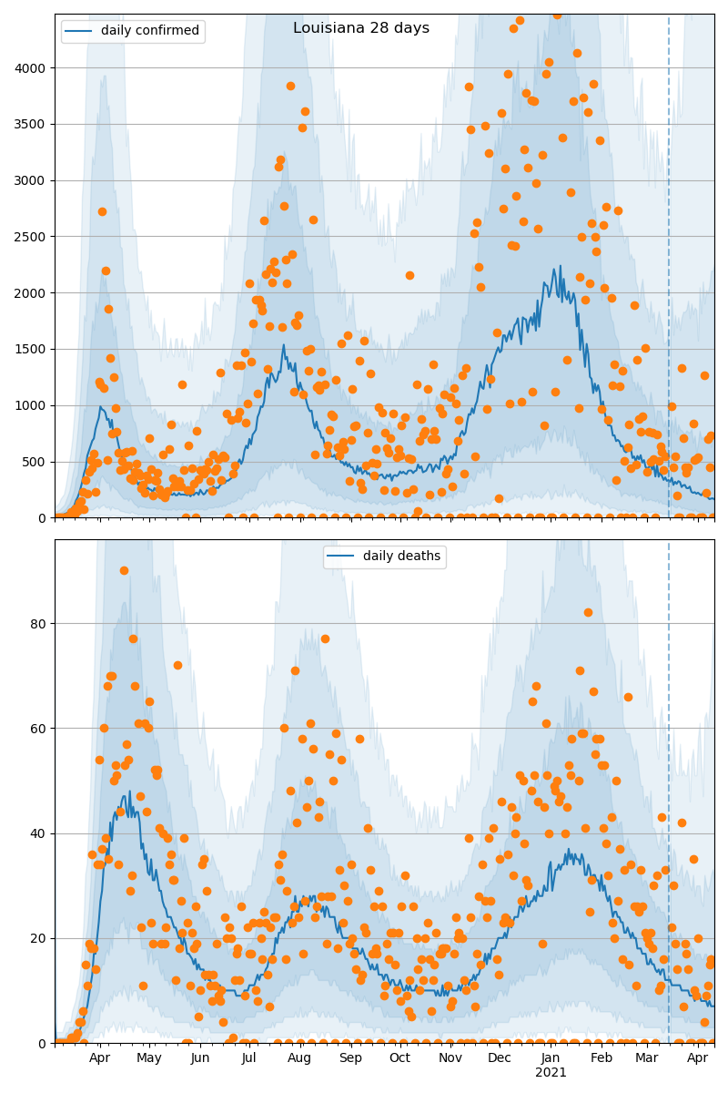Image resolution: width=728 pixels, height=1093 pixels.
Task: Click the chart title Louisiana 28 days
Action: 361,28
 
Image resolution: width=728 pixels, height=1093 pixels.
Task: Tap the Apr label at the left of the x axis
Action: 99,1058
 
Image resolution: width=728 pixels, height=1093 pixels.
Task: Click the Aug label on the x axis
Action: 300,1058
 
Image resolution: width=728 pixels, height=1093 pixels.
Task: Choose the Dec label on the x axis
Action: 500,1058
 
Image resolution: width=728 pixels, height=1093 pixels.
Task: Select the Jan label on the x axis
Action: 551,1058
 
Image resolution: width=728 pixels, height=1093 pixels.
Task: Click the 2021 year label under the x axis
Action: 551,1073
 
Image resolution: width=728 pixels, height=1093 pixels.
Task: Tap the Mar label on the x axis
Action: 646,1058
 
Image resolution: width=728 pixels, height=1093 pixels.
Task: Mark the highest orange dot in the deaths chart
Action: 124,571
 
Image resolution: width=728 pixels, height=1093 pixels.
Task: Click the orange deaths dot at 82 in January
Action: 588,613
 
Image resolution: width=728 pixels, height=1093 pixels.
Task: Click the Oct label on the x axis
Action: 399,1058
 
